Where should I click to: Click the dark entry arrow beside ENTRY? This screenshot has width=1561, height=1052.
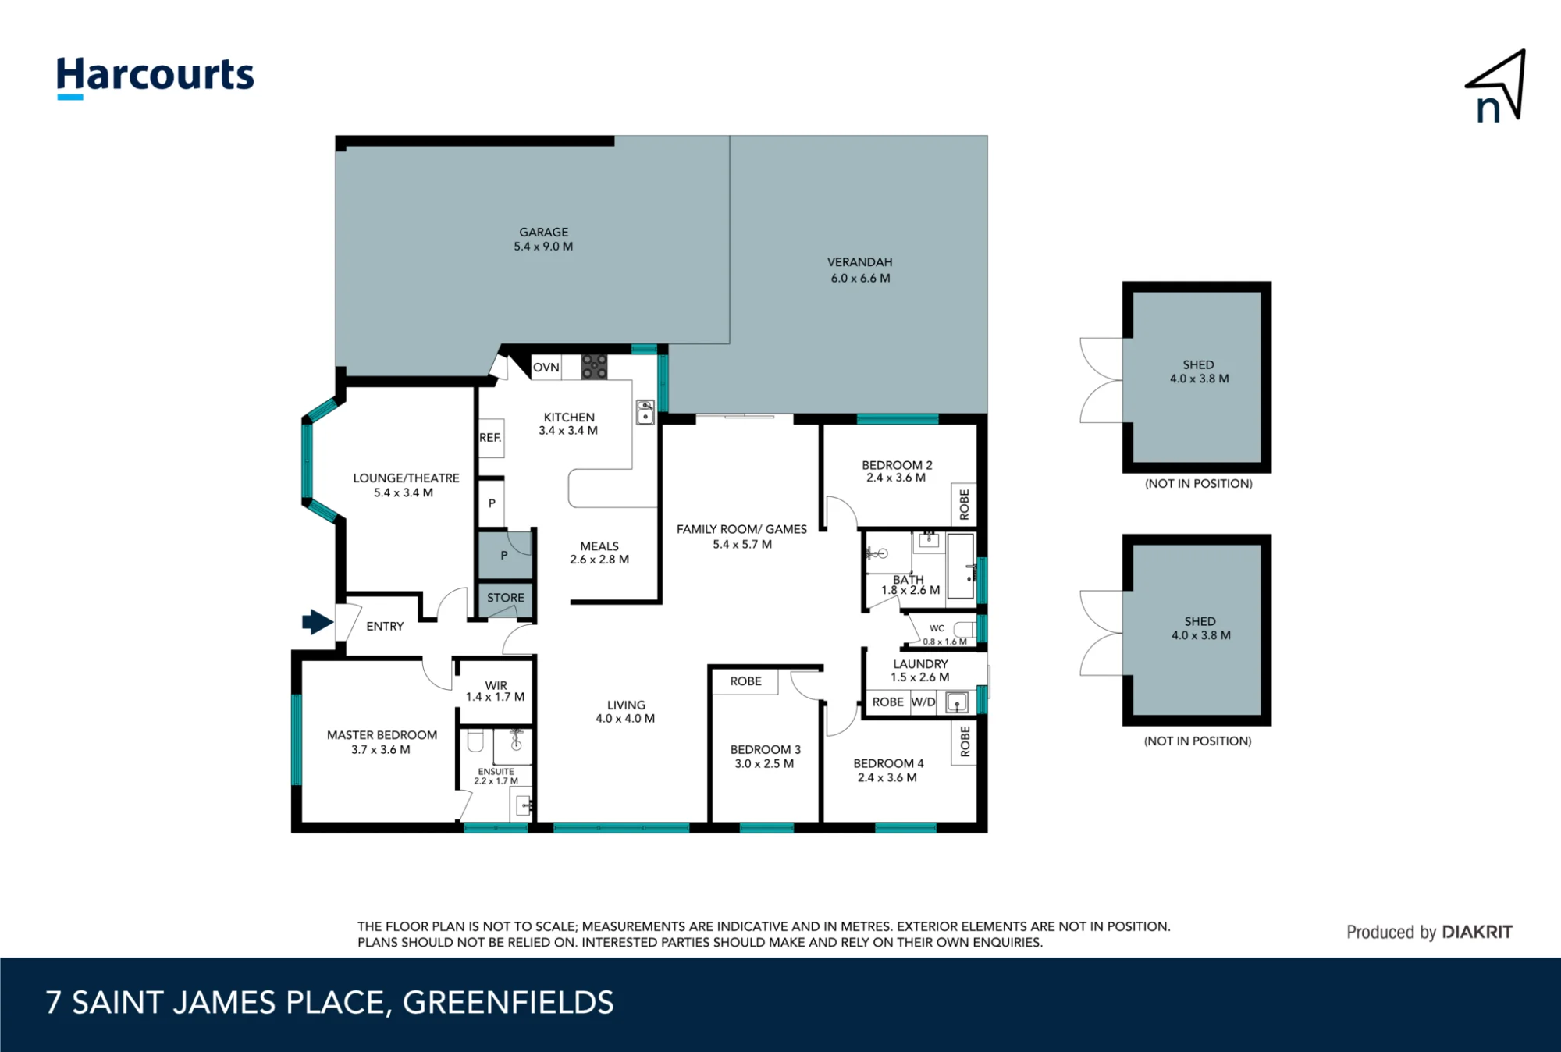tap(318, 622)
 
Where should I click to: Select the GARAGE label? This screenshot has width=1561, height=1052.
tap(544, 232)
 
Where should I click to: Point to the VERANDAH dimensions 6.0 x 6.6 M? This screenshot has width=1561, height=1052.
tap(860, 278)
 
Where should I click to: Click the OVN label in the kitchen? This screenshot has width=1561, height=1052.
tap(546, 368)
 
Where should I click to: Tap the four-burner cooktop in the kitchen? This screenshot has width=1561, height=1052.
tap(595, 367)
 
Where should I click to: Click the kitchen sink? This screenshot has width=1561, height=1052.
tap(645, 411)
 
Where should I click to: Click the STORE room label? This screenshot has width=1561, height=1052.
tap(506, 598)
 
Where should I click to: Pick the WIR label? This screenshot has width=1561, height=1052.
tap(496, 685)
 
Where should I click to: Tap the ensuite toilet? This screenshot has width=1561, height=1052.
tap(475, 741)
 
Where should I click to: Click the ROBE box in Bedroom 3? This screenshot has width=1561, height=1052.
tap(745, 681)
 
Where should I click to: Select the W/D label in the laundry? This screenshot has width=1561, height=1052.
tap(923, 702)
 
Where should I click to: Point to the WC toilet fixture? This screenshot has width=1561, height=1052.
tap(965, 629)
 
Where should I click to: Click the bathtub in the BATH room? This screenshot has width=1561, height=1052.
tap(961, 565)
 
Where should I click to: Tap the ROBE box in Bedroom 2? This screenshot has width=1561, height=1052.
tap(964, 504)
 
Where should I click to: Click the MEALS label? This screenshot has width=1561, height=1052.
tap(599, 546)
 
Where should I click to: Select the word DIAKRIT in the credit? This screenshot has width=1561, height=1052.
tap(1477, 932)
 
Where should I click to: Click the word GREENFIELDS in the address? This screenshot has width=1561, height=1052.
tap(508, 1003)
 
